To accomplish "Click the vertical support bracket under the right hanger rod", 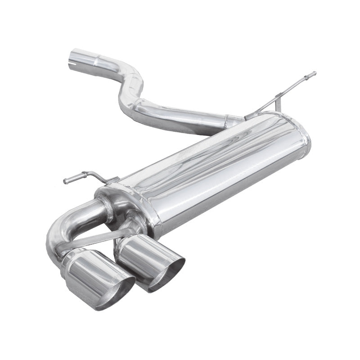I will coord(279,103).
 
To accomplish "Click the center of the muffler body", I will coord(216,171).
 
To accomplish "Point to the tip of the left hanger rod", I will coord(66,181).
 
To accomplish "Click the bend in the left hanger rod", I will coord(92,173).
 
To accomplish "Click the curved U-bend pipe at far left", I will coord(56,234).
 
